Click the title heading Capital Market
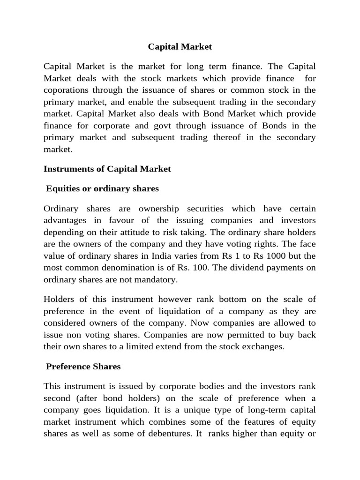[180, 46]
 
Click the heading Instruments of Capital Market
[107, 169]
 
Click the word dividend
[237, 267]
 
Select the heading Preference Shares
[83, 367]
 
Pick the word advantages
[65, 220]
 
